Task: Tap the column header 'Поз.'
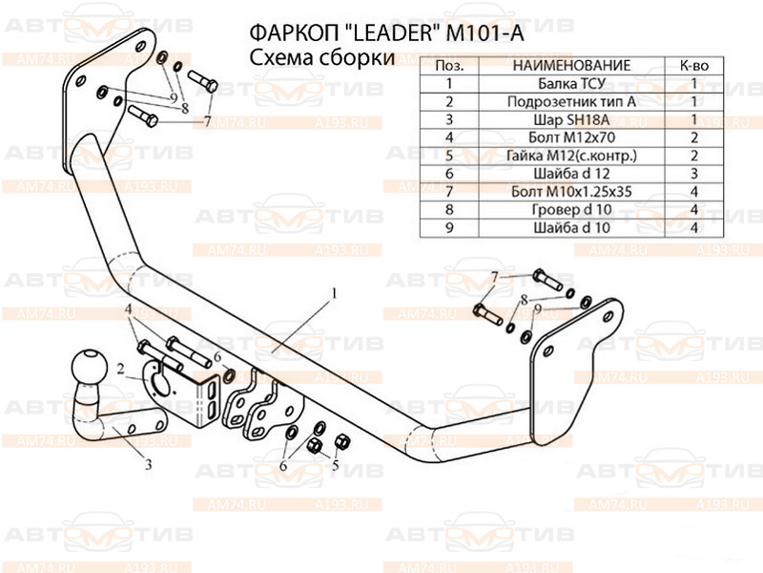click(x=449, y=65)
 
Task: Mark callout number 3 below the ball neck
click(x=149, y=465)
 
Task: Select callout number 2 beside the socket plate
click(x=121, y=367)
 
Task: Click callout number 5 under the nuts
click(x=335, y=465)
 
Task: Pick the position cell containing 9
click(x=449, y=228)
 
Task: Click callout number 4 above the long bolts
click(x=127, y=308)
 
